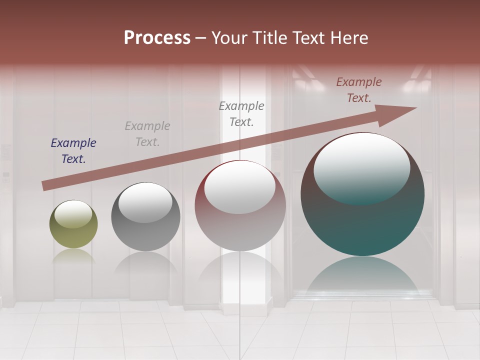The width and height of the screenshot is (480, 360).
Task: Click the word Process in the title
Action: (157, 38)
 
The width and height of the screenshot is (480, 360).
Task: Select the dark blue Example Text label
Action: (73, 151)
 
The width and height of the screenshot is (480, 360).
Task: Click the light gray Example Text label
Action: (147, 134)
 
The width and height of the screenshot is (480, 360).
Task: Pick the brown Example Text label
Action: (359, 90)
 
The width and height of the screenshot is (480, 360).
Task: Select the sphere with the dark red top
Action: (240, 220)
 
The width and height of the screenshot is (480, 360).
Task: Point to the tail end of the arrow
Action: (46, 185)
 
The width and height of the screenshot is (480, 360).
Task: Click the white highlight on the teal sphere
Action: (361, 167)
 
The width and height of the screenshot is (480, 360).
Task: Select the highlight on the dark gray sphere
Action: (145, 202)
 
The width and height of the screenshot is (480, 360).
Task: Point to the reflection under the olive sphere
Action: (73, 256)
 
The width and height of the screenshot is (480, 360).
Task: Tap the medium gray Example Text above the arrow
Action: (241, 114)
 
